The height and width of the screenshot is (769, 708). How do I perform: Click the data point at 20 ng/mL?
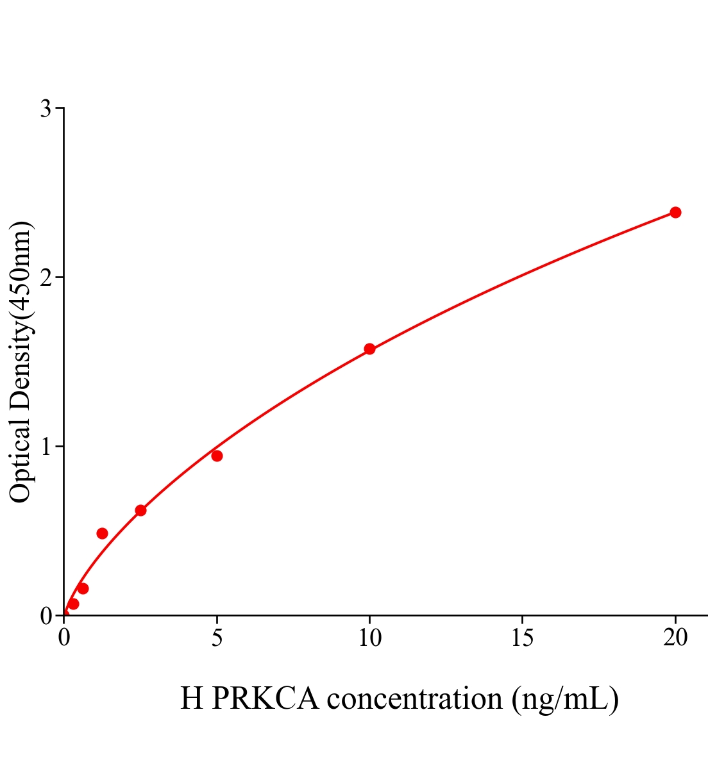675,212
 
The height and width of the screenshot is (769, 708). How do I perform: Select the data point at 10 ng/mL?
369,349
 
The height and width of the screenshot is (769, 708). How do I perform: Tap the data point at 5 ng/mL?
217,456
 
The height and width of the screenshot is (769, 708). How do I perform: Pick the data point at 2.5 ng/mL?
140,510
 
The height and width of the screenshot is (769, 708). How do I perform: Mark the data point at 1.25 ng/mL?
102,533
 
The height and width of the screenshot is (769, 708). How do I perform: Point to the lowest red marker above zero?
73,604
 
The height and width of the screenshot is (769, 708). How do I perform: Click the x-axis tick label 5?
217,638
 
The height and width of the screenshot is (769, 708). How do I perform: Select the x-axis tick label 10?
369,638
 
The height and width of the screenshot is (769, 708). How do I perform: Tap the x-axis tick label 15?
523,638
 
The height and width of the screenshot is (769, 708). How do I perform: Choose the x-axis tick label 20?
675,638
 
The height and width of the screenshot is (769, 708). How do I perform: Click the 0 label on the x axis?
64,638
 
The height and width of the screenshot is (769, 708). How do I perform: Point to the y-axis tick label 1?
46,446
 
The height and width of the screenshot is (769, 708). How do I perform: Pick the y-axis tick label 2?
46,277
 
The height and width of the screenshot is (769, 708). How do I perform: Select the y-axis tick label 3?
46,108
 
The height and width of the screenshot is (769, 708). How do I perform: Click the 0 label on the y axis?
46,615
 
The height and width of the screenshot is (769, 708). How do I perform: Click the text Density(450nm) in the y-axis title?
21,308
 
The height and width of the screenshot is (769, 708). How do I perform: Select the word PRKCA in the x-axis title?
264,698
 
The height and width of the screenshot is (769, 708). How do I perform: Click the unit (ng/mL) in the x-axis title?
565,698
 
